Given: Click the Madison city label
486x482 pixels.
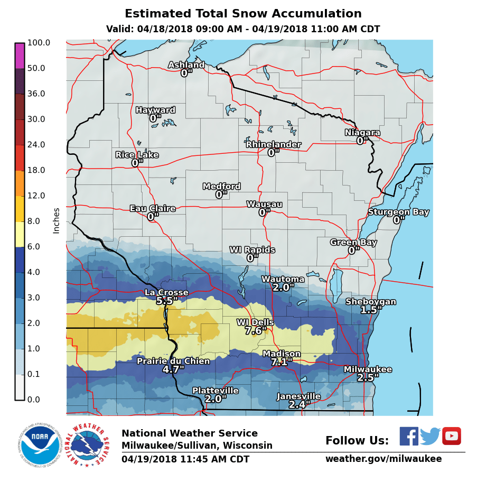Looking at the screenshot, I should [x=282, y=354].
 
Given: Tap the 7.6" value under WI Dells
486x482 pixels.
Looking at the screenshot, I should [x=256, y=331].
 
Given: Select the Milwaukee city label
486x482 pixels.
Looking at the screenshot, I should [x=368, y=369].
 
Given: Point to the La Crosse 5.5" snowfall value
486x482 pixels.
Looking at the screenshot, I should [x=166, y=301].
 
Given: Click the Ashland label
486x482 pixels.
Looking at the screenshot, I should [x=186, y=64].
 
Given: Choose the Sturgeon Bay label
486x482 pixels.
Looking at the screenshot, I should [x=398, y=211].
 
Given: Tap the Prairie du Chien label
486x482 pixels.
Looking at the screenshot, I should [x=173, y=361].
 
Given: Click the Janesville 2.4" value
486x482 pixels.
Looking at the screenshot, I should [x=299, y=404].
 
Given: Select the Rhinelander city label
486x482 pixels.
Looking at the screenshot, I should [x=274, y=144].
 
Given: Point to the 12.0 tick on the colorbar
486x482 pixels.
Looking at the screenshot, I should [x=36, y=196].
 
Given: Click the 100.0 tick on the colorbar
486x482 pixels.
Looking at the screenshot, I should [x=38, y=43].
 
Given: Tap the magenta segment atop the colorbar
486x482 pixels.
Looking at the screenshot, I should [x=20, y=55].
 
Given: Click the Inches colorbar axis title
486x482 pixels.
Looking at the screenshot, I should [x=56, y=220].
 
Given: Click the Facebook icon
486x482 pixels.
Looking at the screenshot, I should [x=408, y=436].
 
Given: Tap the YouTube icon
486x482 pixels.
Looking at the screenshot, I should [x=452, y=436].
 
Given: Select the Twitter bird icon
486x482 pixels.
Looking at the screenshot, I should [x=430, y=437].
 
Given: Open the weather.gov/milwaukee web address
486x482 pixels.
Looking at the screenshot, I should [x=383, y=459].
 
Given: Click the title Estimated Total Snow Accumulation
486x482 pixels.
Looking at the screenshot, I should [x=243, y=14].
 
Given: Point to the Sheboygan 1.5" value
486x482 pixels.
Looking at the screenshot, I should [x=371, y=310].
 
